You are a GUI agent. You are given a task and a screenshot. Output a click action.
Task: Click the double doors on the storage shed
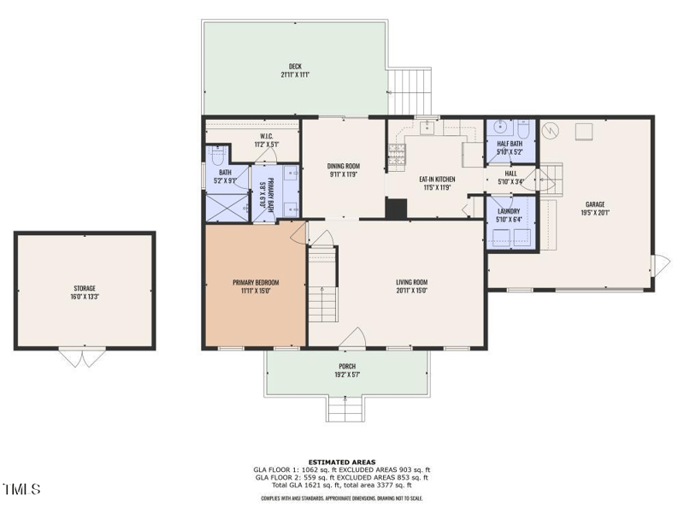81,357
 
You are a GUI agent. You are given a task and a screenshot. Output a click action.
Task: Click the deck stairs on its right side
410,91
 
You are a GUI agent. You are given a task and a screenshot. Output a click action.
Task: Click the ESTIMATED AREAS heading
342,462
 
